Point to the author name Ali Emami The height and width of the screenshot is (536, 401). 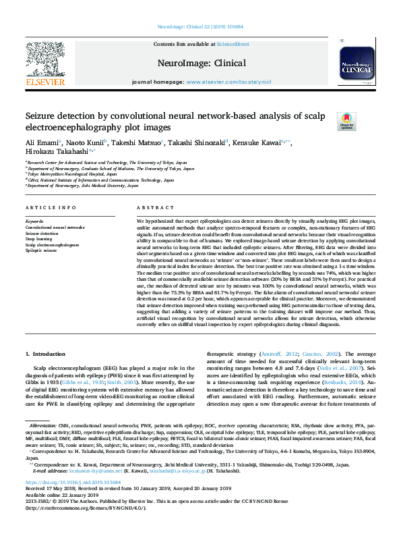pos(42,143)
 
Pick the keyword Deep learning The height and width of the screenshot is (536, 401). pos(39,238)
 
